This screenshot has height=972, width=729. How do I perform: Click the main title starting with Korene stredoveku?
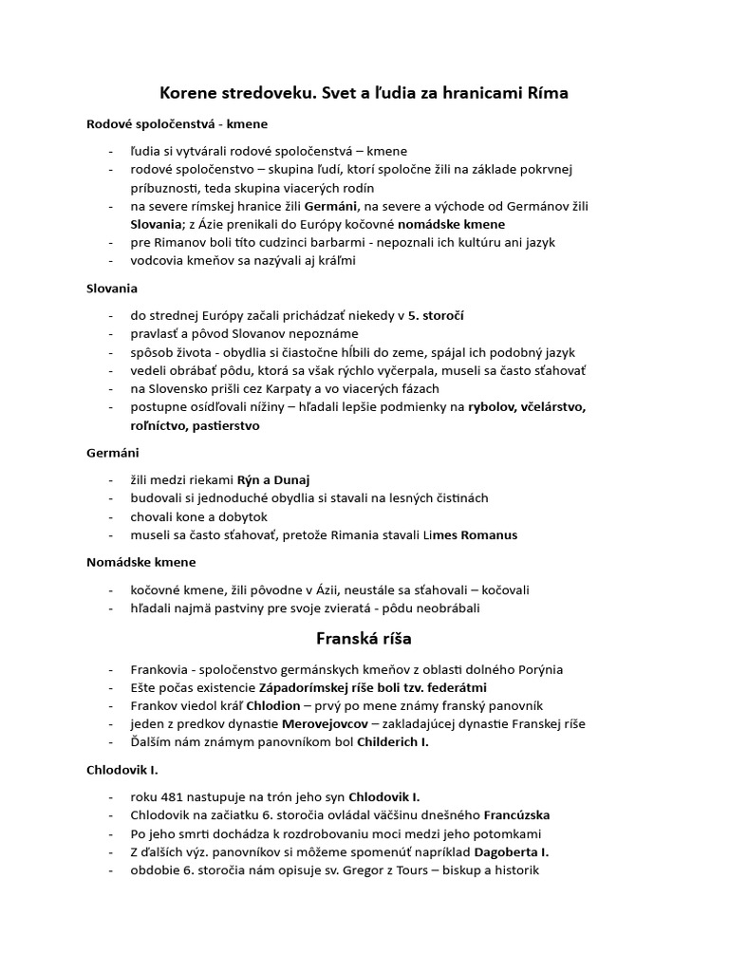[364, 93]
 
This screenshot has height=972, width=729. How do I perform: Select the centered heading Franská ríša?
[364, 639]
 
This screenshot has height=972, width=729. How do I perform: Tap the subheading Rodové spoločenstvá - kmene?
[177, 124]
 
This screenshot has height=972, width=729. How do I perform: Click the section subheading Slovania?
[112, 288]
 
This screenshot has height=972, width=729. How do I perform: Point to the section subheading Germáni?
[112, 453]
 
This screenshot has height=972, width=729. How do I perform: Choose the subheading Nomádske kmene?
[141, 562]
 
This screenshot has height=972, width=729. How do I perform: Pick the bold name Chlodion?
[273, 705]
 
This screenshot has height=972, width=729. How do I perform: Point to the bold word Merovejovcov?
[327, 724]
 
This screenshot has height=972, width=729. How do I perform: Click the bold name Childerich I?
[393, 742]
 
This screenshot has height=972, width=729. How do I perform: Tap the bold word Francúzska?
[517, 815]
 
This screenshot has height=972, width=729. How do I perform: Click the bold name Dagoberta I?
[512, 852]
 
